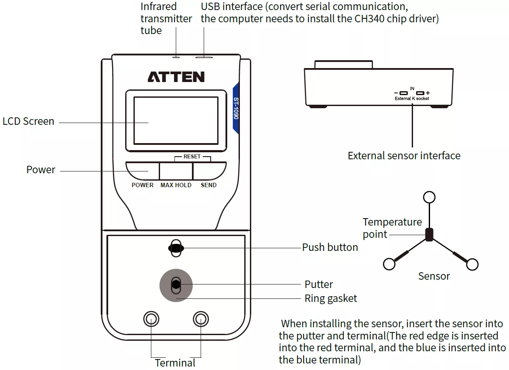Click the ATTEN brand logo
click(176, 77)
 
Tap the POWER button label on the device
click(143, 185)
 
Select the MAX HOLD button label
click(176, 185)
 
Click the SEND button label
click(208, 185)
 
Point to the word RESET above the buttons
click(192, 156)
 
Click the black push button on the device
click(176, 248)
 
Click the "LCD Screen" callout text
click(28, 121)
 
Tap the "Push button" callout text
click(330, 247)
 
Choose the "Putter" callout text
click(319, 284)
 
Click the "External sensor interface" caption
click(404, 156)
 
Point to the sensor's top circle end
click(429, 197)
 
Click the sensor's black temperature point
click(429, 235)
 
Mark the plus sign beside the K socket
click(428, 93)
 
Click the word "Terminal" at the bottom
click(175, 363)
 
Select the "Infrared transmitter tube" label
click(166, 19)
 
